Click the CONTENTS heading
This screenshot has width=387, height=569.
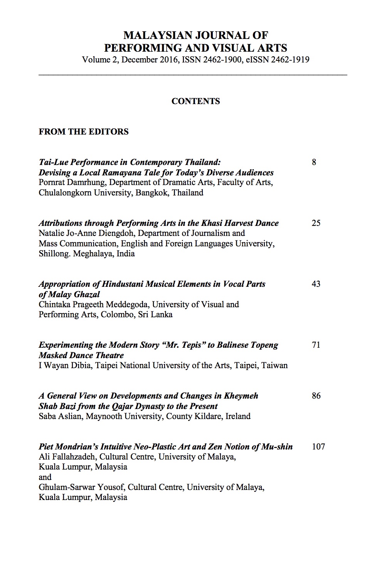(x=195, y=101)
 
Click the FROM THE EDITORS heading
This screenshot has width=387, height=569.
(x=84, y=132)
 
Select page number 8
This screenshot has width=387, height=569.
(x=314, y=162)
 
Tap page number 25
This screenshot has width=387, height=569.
(x=316, y=223)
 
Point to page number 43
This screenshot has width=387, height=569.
(x=316, y=284)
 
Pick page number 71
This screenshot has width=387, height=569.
(x=316, y=345)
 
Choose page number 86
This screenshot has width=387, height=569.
(x=316, y=396)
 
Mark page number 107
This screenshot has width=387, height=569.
(x=318, y=447)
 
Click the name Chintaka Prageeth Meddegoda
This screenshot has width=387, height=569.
(x=94, y=305)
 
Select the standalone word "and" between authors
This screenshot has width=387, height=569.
(x=45, y=477)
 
